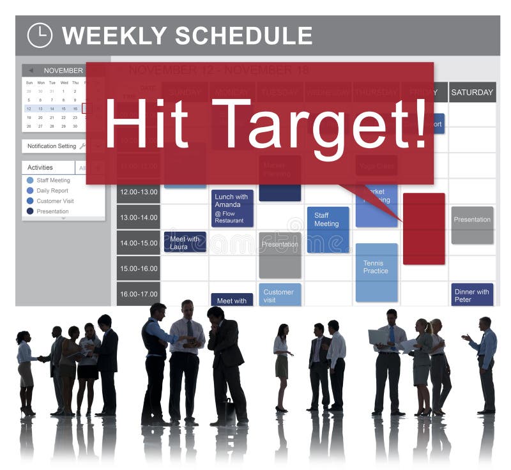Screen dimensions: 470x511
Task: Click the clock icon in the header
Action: [40, 35]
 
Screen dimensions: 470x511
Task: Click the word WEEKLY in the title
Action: [114, 36]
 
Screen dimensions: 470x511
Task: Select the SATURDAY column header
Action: [472, 92]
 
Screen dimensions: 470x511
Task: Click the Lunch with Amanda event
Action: [233, 208]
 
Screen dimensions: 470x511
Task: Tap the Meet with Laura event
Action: [185, 242]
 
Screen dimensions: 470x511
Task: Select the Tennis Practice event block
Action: [376, 272]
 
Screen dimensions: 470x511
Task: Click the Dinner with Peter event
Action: [472, 294]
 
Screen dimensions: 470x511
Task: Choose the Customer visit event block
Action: [280, 295]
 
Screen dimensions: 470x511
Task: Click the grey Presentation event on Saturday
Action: [472, 225]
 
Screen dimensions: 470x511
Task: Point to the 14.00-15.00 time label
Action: [138, 243]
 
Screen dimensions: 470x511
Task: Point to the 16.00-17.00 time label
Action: [138, 294]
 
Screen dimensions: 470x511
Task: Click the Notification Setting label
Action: [52, 146]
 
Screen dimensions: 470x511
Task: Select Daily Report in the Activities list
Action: [52, 190]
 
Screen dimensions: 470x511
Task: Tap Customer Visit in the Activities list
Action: [55, 201]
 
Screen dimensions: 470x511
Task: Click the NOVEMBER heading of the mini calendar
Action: [63, 70]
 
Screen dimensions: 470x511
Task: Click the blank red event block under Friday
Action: [423, 229]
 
